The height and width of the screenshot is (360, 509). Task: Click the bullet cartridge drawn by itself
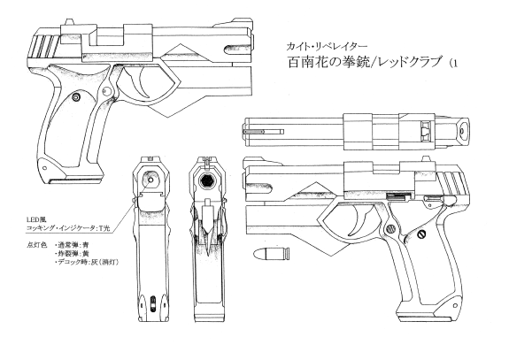tap(273, 254)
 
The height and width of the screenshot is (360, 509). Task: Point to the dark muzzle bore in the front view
tap(207, 181)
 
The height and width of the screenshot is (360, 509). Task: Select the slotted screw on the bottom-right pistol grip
tap(421, 234)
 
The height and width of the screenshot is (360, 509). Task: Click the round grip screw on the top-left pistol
tap(77, 97)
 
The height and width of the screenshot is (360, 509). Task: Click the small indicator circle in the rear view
tap(150, 180)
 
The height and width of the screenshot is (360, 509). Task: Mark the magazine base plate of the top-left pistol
tap(76, 180)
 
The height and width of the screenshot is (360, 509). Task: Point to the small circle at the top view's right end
tap(462, 132)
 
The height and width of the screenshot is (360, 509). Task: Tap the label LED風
tap(34, 220)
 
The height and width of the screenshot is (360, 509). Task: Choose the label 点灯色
tap(35, 245)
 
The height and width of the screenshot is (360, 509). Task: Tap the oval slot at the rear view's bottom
tap(153, 303)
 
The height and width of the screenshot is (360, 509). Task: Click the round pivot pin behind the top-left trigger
tap(106, 91)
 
